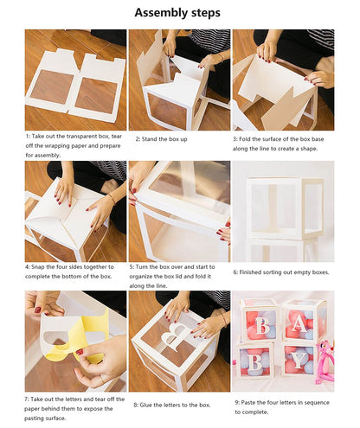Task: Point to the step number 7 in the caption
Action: [27, 398]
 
